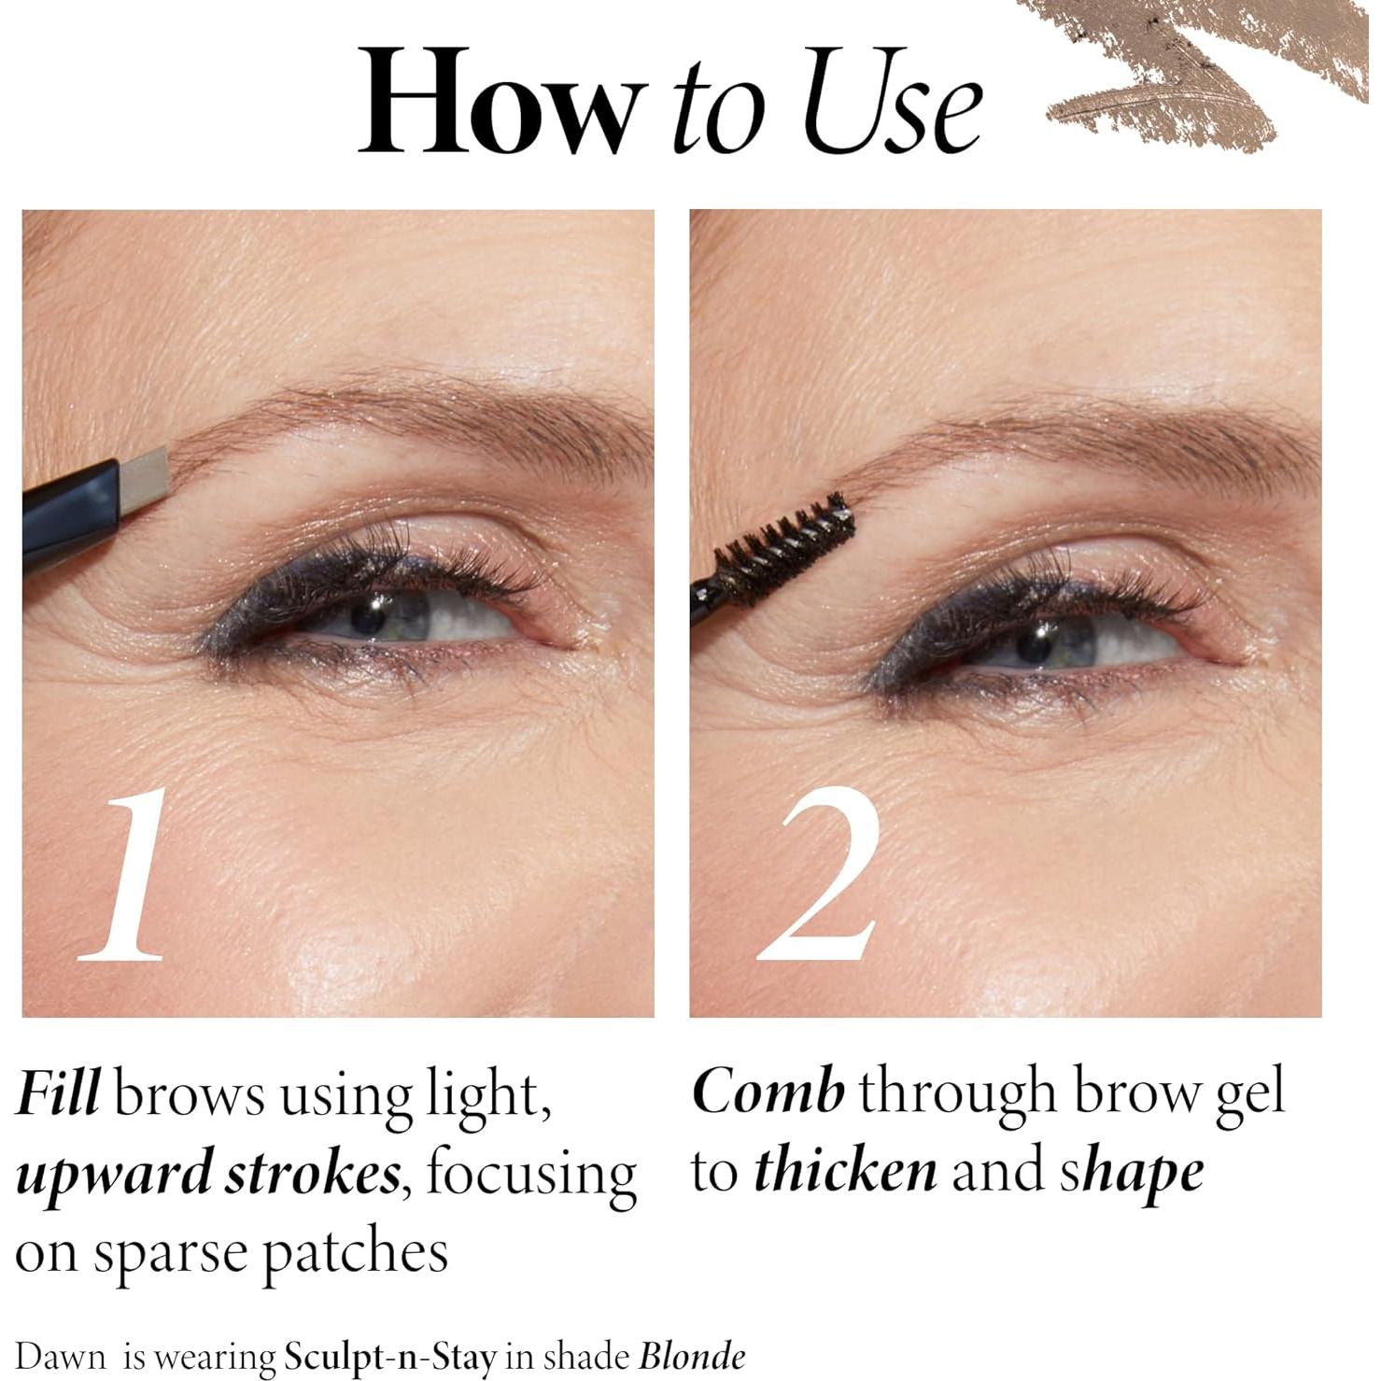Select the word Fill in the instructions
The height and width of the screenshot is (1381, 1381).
(58, 1093)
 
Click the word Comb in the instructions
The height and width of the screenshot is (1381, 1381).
(768, 1092)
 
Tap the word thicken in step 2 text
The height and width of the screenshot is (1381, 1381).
(845, 1172)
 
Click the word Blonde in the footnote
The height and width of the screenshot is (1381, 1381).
(692, 1356)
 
